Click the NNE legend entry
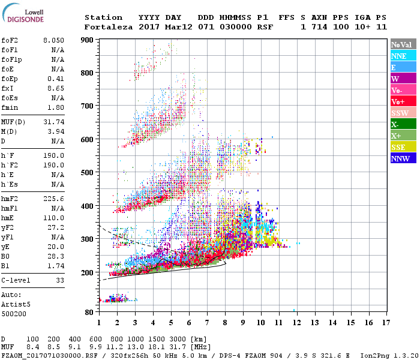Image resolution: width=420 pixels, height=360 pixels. (x=403, y=56)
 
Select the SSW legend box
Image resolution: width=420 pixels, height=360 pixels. (x=403, y=113)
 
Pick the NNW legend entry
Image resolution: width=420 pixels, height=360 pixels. (x=403, y=158)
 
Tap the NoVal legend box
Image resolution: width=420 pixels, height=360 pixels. (x=403, y=44)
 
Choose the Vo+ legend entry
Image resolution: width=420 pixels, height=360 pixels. (x=403, y=101)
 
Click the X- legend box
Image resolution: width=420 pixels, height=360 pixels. (x=403, y=124)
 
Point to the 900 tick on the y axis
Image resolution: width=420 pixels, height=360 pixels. (x=89, y=40)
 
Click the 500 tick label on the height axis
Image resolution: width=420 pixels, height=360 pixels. (x=89, y=173)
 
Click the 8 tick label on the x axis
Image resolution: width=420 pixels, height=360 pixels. (x=225, y=323)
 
